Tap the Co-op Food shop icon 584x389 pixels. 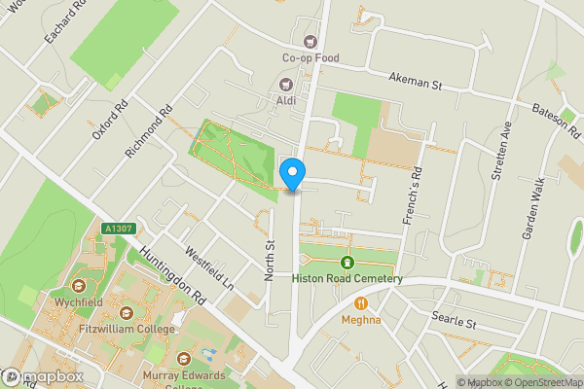tap(311, 41)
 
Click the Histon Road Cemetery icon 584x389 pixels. tap(347, 263)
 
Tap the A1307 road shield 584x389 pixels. tap(117, 228)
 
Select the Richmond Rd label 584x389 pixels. tap(148, 132)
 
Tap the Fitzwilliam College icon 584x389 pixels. tap(126, 313)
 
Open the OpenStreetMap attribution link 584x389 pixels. tap(541, 382)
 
